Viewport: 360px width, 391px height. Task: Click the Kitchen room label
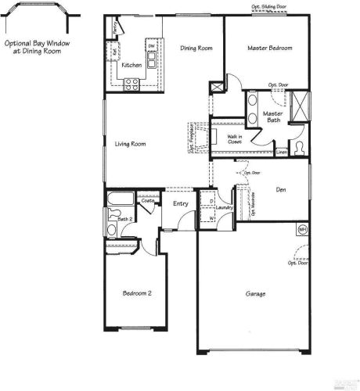(131, 65)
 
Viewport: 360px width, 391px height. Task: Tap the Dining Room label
(196, 48)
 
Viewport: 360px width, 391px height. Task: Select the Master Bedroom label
(269, 48)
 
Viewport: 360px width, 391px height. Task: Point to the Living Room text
(131, 143)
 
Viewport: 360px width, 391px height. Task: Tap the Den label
(281, 188)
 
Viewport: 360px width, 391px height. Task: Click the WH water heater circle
(302, 230)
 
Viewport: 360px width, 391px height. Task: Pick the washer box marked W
(212, 217)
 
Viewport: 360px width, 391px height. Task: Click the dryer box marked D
(212, 200)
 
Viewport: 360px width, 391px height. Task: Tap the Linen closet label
(282, 151)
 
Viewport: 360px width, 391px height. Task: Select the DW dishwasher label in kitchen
(151, 46)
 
